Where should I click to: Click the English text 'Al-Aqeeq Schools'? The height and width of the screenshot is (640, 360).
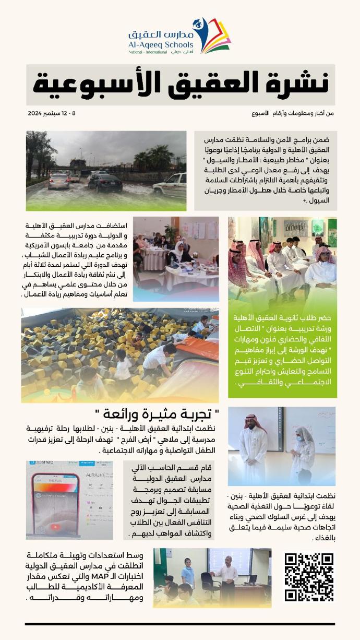coord(160,45)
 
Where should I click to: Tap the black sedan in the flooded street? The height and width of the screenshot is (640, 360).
coord(105,183)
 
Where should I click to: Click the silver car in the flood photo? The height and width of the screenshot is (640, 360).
coord(59,181)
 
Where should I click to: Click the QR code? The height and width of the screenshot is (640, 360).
coord(309,576)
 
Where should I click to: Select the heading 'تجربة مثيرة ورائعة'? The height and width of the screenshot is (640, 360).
coord(158,416)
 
